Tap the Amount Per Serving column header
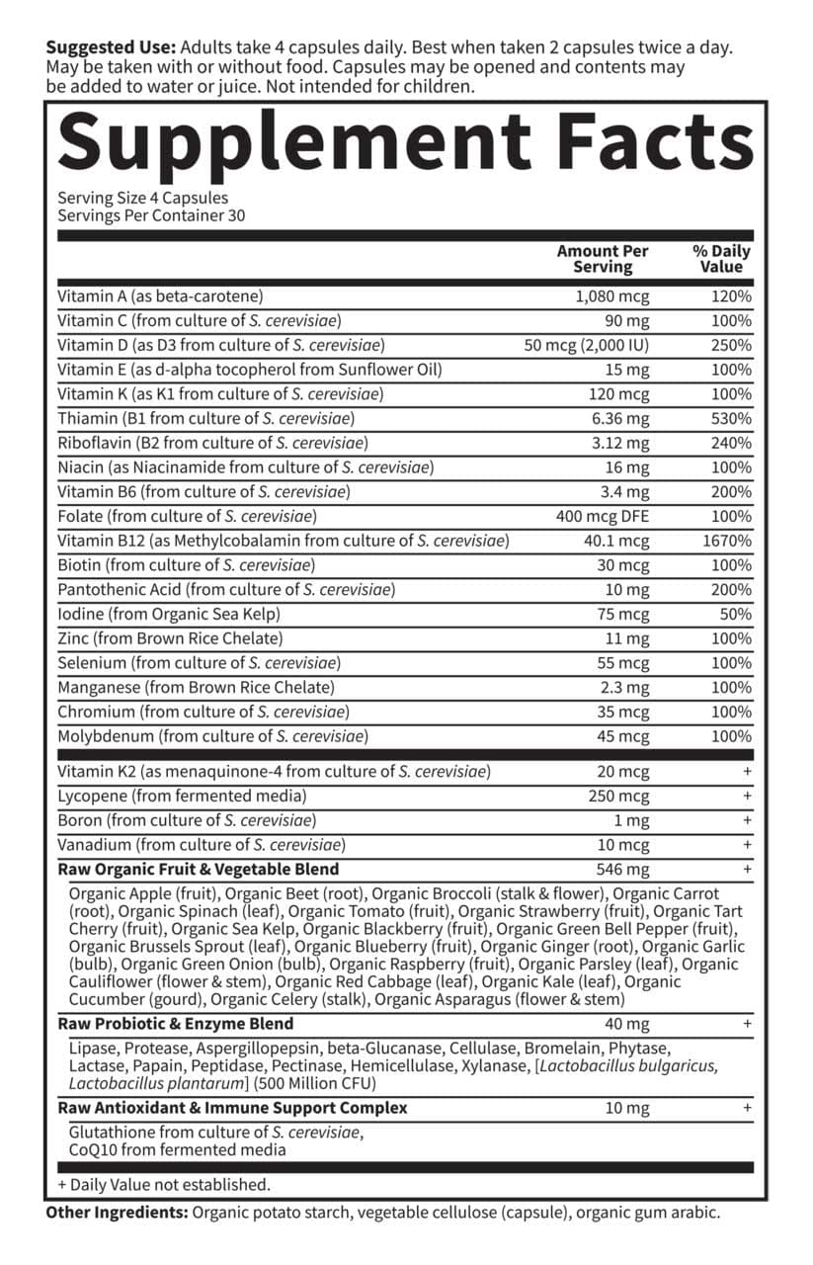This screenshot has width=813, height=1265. tap(602, 259)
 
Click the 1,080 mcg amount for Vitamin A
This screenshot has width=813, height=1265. tap(612, 295)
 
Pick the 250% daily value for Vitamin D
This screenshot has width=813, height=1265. tap(731, 345)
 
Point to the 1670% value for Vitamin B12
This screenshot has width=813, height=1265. tap(727, 541)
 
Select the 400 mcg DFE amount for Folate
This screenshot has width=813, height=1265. tap(603, 516)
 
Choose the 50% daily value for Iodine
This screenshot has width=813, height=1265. tap(735, 614)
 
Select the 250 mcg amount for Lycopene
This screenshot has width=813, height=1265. tap(619, 796)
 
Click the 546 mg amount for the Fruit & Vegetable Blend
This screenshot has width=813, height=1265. tap(623, 870)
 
